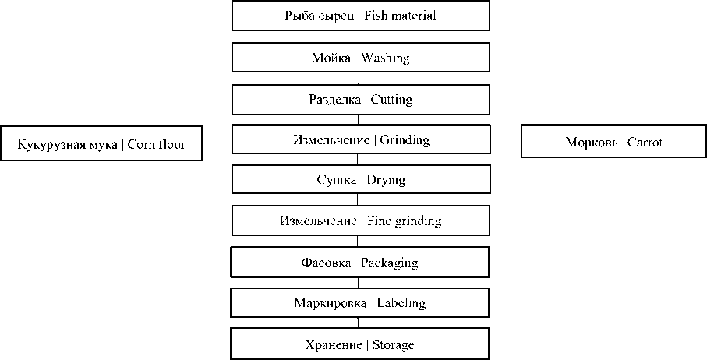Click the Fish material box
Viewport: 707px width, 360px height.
[x=361, y=16]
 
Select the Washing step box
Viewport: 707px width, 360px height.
[x=361, y=58]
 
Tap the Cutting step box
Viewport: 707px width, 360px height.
[x=361, y=100]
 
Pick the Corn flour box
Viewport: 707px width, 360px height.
[x=101, y=144]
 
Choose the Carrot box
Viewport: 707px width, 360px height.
[x=613, y=143]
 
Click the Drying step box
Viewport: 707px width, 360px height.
[x=361, y=180]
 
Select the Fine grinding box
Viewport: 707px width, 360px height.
[x=361, y=221]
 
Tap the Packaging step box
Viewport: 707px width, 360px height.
[x=361, y=263]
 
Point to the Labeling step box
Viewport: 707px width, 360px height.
[x=361, y=302]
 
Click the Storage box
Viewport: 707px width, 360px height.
[x=361, y=344]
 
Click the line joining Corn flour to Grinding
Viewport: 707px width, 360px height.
[x=217, y=143]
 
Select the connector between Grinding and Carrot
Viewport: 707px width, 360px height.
[x=505, y=143]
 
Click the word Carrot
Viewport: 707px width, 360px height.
[x=645, y=143]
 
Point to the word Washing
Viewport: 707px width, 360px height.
[x=384, y=58]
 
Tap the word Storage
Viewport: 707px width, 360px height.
[x=393, y=344]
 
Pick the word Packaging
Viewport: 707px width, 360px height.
[x=390, y=263]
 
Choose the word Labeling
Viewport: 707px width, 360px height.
[x=401, y=302]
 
